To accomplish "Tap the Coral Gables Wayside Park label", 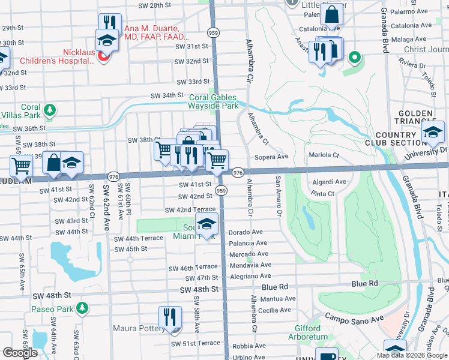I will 213,101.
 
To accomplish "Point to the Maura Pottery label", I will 139,329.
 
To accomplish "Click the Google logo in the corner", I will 20,353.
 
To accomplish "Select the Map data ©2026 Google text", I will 411,355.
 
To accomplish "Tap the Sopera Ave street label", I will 273,157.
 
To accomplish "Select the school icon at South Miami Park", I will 206,224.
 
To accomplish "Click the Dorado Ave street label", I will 246,232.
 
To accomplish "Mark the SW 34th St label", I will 166,95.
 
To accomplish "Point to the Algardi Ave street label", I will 330,182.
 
